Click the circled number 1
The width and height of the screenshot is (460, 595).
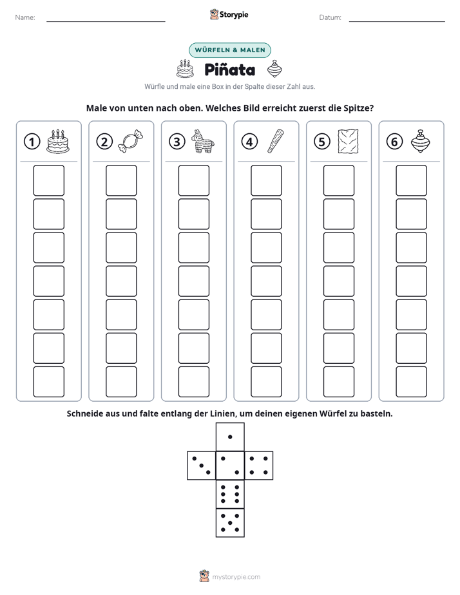coord(32,142)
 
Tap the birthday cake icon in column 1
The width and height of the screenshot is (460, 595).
coord(58,141)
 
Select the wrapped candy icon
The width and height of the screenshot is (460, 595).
coord(131,142)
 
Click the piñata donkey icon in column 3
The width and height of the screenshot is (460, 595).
coord(202,141)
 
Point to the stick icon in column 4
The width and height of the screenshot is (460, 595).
coord(275,141)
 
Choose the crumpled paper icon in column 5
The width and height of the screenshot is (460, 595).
coord(348,141)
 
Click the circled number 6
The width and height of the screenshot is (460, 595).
coord(394,142)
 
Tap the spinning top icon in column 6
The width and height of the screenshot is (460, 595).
coord(421,141)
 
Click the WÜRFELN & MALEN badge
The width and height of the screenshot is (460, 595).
coord(230,50)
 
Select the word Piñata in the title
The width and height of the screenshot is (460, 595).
coord(229,70)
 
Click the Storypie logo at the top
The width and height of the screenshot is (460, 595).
coord(229,14)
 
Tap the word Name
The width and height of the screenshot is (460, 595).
coord(25,17)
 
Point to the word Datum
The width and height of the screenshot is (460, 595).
coord(331,17)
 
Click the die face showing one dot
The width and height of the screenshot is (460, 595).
coord(230,437)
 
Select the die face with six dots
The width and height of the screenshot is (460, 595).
coord(230,494)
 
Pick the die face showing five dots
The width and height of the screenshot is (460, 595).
coord(230,523)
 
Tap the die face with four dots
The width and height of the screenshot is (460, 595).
coord(259,466)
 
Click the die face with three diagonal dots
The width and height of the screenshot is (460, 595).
coord(202,466)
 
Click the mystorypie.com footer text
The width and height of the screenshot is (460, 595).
coord(236,577)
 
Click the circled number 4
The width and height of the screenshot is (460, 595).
coord(249,142)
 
